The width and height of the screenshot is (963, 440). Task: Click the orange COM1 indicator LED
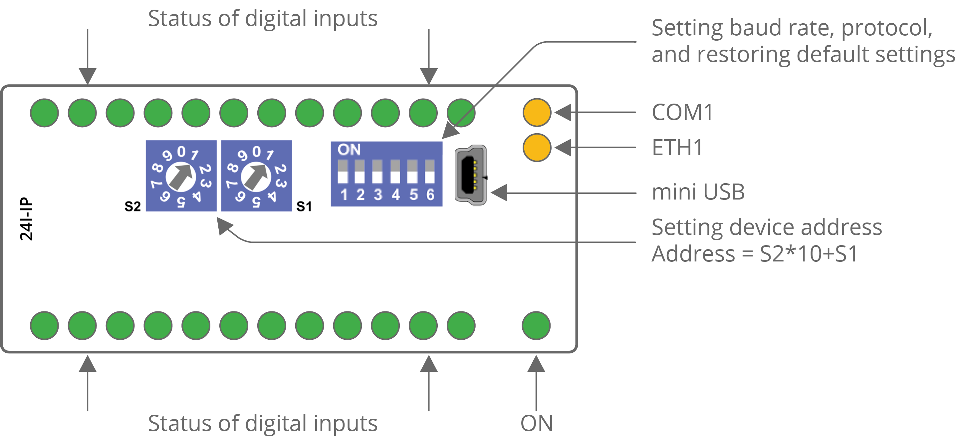(537, 112)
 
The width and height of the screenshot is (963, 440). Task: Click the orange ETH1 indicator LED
(537, 148)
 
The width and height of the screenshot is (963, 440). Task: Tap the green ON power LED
(536, 325)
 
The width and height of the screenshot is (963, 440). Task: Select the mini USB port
(471, 175)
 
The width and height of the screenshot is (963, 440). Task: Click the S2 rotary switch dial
(181, 176)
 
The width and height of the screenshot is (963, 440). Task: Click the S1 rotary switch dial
(256, 176)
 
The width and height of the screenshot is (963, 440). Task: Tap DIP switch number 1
(343, 172)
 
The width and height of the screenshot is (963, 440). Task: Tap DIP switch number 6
(430, 172)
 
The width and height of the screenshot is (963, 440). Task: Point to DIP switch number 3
(377, 172)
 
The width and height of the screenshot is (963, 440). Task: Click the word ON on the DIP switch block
(349, 150)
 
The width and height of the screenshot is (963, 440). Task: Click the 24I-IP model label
(26, 219)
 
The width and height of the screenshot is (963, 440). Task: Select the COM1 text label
(682, 112)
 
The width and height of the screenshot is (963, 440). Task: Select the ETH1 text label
(677, 148)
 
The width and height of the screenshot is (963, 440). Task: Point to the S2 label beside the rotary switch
(133, 207)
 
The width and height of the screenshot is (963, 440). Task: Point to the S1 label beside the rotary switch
(304, 207)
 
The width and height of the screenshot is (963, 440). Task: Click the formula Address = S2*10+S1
(754, 254)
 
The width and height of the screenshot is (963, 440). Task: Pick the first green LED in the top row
(45, 113)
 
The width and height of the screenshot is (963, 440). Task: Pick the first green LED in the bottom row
(45, 325)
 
